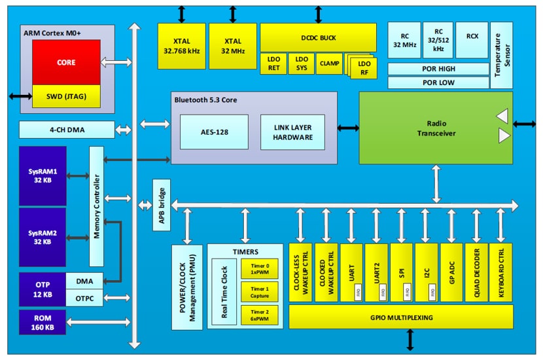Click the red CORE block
pyautogui.click(x=66, y=62)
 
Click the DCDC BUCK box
pyautogui.click(x=318, y=37)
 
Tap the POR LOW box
pyautogui.click(x=438, y=82)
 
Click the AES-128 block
pyautogui.click(x=214, y=132)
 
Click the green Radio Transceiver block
pyautogui.click(x=435, y=128)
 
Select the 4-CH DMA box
pyautogui.click(x=66, y=130)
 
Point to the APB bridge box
pyautogui.click(x=161, y=205)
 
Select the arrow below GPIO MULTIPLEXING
pyautogui.click(x=410, y=340)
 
